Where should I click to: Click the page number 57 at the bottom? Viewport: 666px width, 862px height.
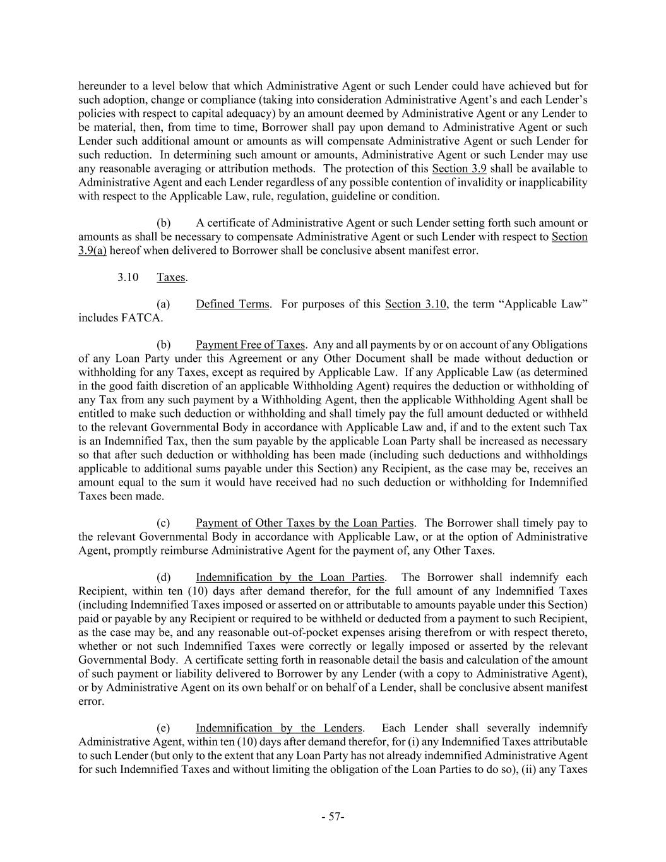pyautogui.click(x=332, y=817)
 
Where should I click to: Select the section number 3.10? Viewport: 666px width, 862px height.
pyautogui.click(x=128, y=277)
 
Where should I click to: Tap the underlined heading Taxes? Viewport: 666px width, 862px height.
pyautogui.click(x=170, y=277)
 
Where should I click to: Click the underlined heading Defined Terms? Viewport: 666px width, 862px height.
pyautogui.click(x=232, y=304)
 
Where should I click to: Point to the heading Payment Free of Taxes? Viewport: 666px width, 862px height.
pyautogui.click(x=250, y=345)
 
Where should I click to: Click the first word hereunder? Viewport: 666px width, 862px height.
pyautogui.click(x=102, y=86)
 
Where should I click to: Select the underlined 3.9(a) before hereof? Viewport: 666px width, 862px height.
pyautogui.click(x=92, y=251)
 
